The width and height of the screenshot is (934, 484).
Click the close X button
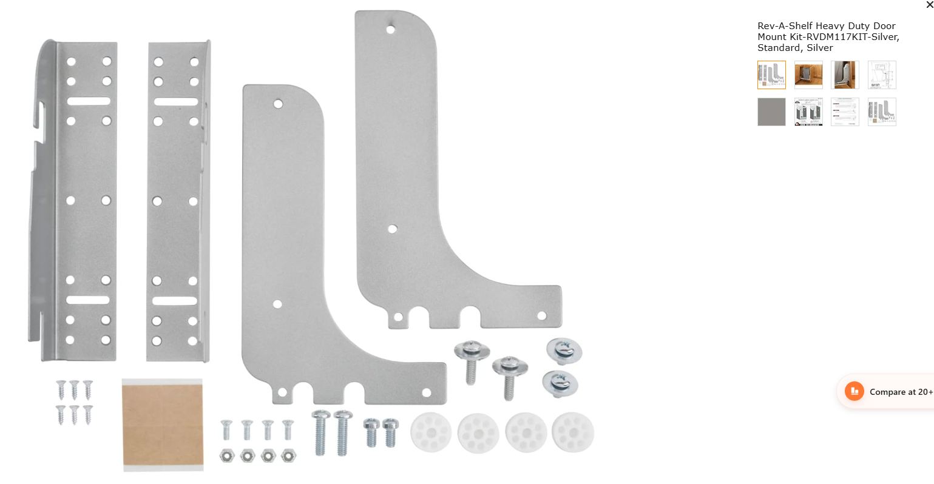pyautogui.click(x=929, y=5)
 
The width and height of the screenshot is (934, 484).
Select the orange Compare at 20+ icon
pyautogui.click(x=854, y=391)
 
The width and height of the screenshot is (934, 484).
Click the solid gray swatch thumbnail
pyautogui.click(x=771, y=112)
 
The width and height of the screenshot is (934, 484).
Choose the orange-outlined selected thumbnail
pyautogui.click(x=771, y=75)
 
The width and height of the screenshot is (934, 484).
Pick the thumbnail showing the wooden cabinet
pyautogui.click(x=808, y=75)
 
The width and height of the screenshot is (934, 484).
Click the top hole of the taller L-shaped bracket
pyautogui.click(x=391, y=30)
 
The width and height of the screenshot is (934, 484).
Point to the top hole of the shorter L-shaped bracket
pyautogui.click(x=278, y=104)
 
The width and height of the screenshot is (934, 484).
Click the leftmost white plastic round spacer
pyautogui.click(x=431, y=432)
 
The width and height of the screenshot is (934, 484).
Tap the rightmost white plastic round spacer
pyautogui.click(x=573, y=432)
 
